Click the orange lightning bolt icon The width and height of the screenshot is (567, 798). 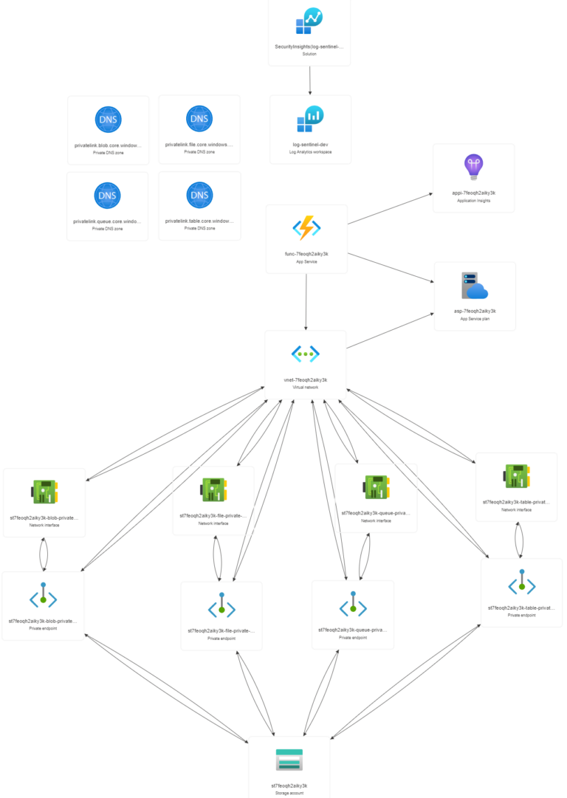[x=306, y=228]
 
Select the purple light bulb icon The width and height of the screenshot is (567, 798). [x=473, y=167]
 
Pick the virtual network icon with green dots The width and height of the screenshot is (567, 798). [x=306, y=354]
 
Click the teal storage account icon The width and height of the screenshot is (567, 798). [x=289, y=760]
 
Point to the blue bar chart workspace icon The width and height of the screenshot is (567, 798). [x=310, y=118]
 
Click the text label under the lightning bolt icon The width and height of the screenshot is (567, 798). [x=306, y=257]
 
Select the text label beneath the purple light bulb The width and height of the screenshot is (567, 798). [x=473, y=196]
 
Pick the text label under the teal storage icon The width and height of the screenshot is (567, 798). [x=289, y=789]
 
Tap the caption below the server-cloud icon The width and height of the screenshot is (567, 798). [x=475, y=314]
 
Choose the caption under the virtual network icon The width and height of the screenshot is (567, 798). [x=306, y=383]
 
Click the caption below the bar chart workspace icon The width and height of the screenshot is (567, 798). [x=310, y=148]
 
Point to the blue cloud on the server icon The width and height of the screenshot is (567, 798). [x=478, y=291]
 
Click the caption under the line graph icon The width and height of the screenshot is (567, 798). [x=309, y=49]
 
